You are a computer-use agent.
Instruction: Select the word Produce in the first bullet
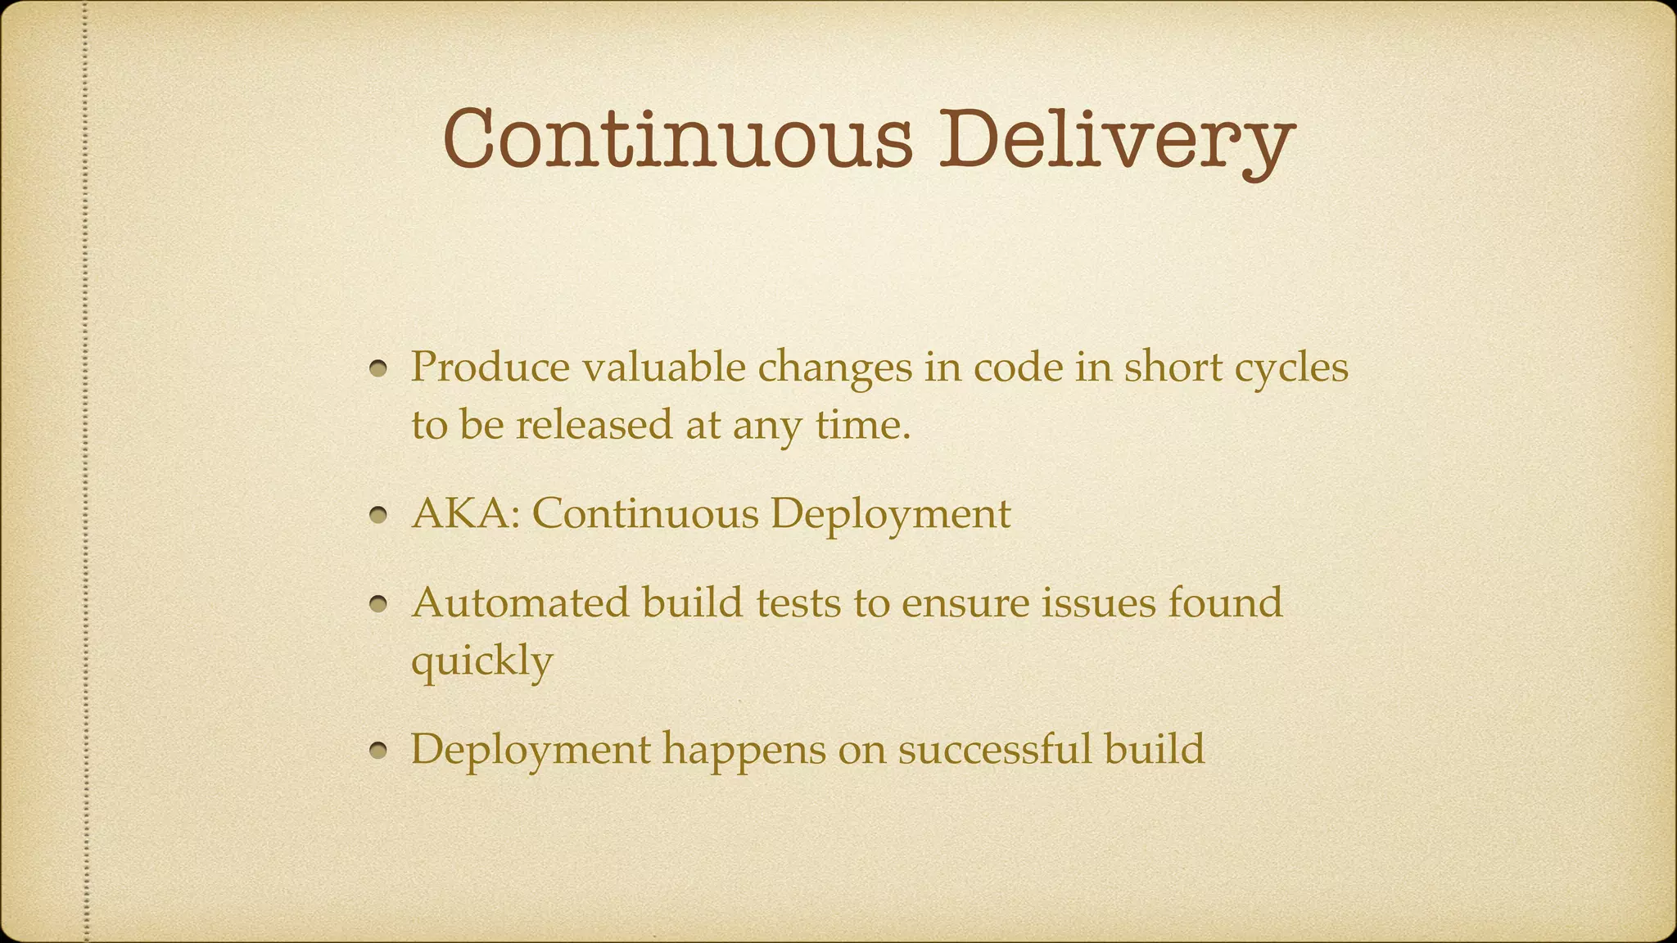coord(490,366)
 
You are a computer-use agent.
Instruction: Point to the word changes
coord(834,368)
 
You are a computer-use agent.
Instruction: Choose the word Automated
coord(521,602)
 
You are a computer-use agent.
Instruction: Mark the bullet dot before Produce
coord(377,370)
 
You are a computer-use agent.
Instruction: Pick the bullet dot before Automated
coord(377,606)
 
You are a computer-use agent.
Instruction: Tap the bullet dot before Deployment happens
coord(377,752)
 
